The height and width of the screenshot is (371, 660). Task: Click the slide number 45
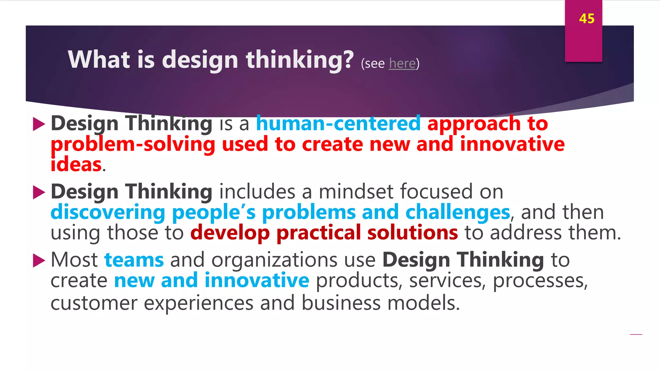point(587,19)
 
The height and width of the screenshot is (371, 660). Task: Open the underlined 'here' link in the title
point(402,63)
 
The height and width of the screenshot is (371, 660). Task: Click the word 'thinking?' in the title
point(300,60)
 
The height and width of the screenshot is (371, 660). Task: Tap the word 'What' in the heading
point(99,60)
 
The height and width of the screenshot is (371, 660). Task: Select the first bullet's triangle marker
point(39,124)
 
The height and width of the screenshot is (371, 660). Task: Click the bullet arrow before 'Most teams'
point(39,261)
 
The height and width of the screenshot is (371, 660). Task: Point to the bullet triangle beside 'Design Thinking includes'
point(39,192)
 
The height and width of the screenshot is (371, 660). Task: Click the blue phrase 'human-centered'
point(338,123)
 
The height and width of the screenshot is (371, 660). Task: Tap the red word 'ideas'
point(76,164)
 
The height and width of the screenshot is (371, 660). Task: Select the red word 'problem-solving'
point(133,144)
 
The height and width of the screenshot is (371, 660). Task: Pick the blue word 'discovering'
point(108,212)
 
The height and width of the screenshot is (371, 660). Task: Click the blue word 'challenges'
point(458,212)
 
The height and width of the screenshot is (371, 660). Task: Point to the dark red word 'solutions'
point(412,233)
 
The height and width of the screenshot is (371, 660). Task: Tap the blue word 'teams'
point(134,260)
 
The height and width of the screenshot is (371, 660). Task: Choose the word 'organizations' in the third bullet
point(274,260)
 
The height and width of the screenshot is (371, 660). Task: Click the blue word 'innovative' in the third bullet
point(257,280)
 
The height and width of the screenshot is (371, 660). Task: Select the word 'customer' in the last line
point(94,303)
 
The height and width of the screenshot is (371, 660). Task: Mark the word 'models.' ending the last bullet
point(423,303)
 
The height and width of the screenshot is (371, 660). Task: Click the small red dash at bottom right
point(636,335)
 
